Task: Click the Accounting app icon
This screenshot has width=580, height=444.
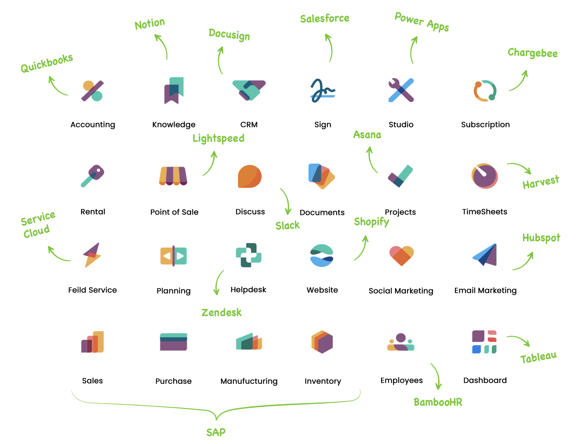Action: pyautogui.click(x=92, y=91)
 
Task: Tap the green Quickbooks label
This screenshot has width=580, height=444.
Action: pyautogui.click(x=47, y=63)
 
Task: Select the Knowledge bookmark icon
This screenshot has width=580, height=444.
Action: pyautogui.click(x=174, y=91)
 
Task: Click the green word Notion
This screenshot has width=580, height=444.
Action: pyautogui.click(x=150, y=24)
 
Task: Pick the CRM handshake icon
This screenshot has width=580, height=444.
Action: pyautogui.click(x=249, y=90)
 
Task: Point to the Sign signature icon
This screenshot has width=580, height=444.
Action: pyautogui.click(x=323, y=91)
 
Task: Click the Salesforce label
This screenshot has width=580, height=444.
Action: pyautogui.click(x=325, y=18)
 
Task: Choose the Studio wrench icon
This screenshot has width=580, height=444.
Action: pyautogui.click(x=401, y=90)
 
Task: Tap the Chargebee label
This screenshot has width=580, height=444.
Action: pyautogui.click(x=532, y=53)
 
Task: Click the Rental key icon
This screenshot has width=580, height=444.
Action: pyautogui.click(x=92, y=176)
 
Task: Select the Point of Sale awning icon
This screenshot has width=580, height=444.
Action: pyautogui.click(x=173, y=176)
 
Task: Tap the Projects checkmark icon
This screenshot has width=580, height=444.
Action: pyautogui.click(x=400, y=176)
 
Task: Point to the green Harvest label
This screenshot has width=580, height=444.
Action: pyautogui.click(x=541, y=182)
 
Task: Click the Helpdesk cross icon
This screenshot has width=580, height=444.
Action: pyautogui.click(x=248, y=255)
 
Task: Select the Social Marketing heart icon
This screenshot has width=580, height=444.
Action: pyautogui.click(x=401, y=256)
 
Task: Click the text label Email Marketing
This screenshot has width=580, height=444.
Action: pyautogui.click(x=485, y=291)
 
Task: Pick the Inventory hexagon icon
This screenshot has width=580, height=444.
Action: pyautogui.click(x=322, y=342)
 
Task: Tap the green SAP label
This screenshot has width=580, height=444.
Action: pyautogui.click(x=216, y=432)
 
